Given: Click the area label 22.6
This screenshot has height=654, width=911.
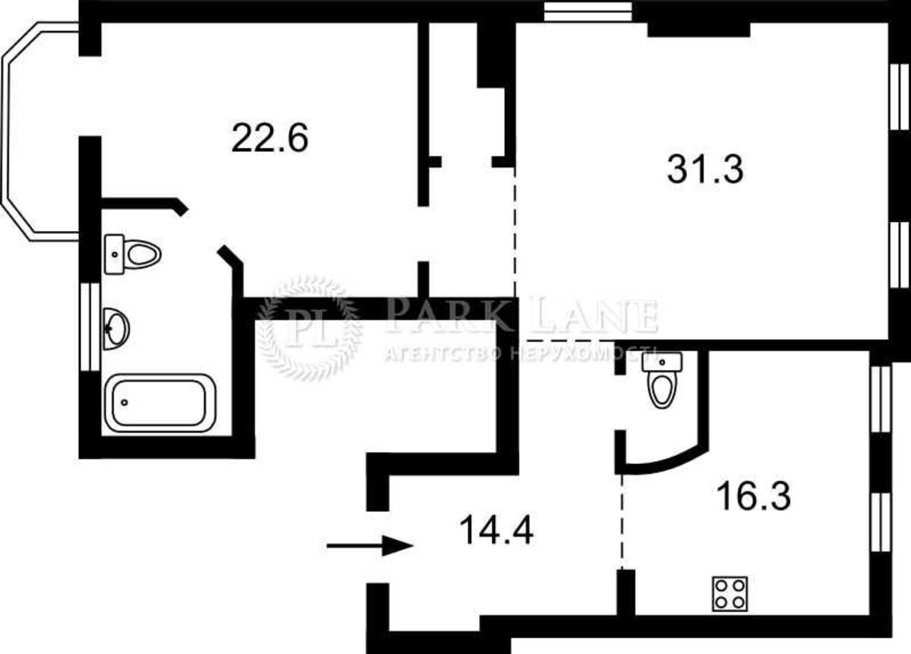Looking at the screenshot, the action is pos(270,138).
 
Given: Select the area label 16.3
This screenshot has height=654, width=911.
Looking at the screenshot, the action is pos(755,496).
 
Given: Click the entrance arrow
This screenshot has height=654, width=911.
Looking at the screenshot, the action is pos(370,545).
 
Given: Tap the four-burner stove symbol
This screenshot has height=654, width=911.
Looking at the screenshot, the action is pos(730,594).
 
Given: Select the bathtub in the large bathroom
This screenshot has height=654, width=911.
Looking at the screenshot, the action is pos(160,403).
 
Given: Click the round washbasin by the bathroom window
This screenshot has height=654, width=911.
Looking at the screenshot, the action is pos(116,328).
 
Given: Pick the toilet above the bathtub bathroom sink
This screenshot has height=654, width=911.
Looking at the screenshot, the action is pos(133,254).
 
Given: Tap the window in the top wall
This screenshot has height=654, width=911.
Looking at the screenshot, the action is pos(588,11).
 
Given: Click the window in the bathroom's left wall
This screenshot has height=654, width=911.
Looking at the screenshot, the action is pos(90,327).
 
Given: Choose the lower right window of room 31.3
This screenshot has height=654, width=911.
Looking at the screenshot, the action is pos(900,255).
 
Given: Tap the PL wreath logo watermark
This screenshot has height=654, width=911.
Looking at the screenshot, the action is pos(309,328).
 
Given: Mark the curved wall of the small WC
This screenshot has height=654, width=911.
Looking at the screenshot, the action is pos(667,463).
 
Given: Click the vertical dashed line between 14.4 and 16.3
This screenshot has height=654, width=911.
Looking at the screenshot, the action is pos(622,522).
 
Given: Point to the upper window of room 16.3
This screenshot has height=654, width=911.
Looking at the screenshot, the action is pos(880,400).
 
